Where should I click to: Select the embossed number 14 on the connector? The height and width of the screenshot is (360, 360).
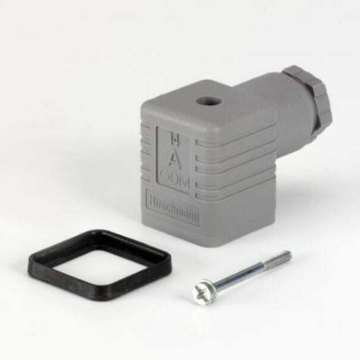tap(173, 137)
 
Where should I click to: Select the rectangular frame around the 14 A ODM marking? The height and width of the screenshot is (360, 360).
tap(158, 157)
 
